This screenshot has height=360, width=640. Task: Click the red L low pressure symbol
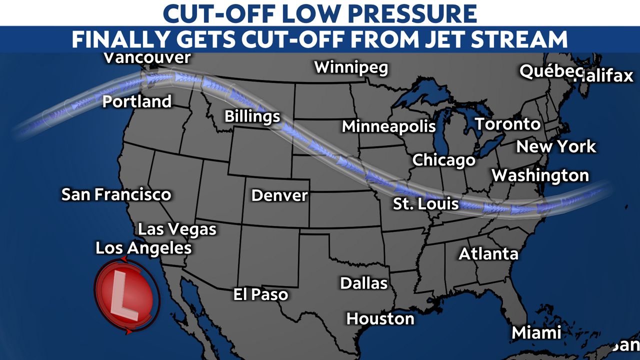pyautogui.click(x=126, y=296)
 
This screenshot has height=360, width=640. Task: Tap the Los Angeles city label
pyautogui.click(x=143, y=248)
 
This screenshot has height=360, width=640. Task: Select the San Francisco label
pyautogui.click(x=116, y=194)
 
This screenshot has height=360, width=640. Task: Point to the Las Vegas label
pyautogui.click(x=177, y=229)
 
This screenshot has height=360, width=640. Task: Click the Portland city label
pyautogui.click(x=137, y=101)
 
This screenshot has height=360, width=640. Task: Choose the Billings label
pyautogui.click(x=252, y=116)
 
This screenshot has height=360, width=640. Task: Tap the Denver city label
pyautogui.click(x=279, y=195)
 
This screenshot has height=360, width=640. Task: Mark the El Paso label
pyautogui.click(x=260, y=294)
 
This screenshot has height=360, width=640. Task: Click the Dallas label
pyautogui.click(x=363, y=283)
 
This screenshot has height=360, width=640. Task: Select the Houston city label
pyautogui.click(x=380, y=318)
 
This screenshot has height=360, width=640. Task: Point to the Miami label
pyautogui.click(x=536, y=332)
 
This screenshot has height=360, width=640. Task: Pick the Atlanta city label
pyautogui.click(x=488, y=253)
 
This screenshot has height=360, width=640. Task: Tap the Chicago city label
pyautogui.click(x=443, y=160)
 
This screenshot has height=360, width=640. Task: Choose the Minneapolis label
pyautogui.click(x=388, y=126)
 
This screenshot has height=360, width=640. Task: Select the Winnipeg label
pyautogui.click(x=350, y=67)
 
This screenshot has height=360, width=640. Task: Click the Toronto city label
pyautogui.click(x=507, y=124)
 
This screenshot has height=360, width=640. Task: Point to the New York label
pyautogui.click(x=556, y=146)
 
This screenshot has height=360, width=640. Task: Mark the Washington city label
pyautogui.click(x=540, y=175)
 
